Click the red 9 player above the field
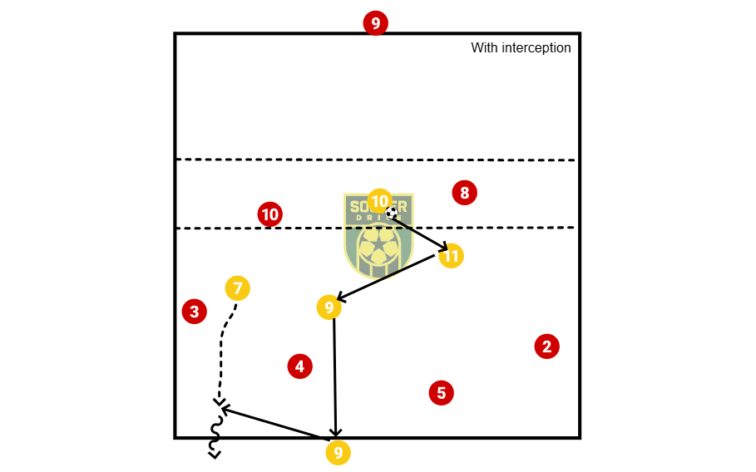[375, 23]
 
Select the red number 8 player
[464, 194]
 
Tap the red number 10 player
[269, 214]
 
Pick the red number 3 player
[194, 312]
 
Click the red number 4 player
[299, 366]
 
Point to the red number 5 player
[441, 392]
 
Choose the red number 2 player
[546, 347]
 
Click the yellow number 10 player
[379, 201]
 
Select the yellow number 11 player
[451, 256]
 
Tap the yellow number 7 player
[237, 288]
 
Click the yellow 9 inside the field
[329, 307]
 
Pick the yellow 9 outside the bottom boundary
[337, 453]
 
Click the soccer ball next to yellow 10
[391, 213]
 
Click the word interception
[536, 48]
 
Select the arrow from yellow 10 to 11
[420, 232]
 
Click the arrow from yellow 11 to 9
[387, 278]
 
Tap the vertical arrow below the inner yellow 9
[334, 374]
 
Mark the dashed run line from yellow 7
[222, 349]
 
